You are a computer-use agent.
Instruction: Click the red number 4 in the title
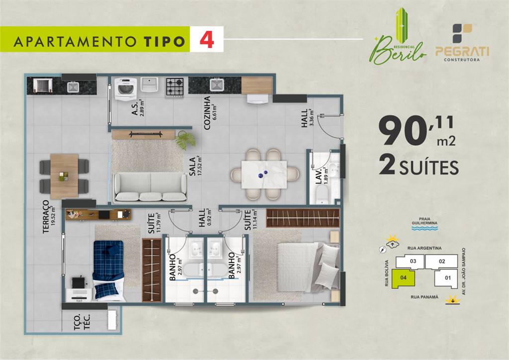point(207,40)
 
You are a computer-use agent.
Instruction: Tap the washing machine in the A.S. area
point(126,89)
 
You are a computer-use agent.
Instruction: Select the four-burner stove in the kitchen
point(175,87)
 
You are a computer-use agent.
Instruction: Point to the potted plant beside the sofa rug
point(185,140)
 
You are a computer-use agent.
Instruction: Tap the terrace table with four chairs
point(64,176)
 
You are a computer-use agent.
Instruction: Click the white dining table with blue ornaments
point(264,175)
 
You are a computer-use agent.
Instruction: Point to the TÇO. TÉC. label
point(82,322)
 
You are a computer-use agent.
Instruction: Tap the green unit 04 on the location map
point(403,278)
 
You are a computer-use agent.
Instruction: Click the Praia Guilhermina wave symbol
point(424,229)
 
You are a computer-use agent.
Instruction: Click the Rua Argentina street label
point(424,248)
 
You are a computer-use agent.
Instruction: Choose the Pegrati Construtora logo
point(462,42)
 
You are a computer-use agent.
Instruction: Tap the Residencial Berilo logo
point(399,37)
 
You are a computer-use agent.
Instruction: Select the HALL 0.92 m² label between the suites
point(204,217)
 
